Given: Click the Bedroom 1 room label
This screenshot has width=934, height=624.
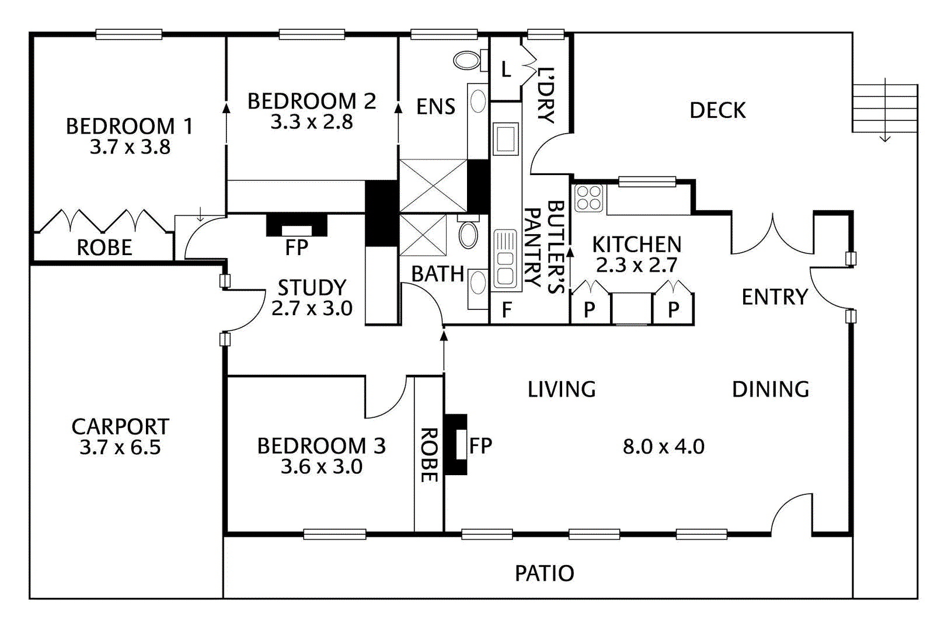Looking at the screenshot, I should (x=129, y=126).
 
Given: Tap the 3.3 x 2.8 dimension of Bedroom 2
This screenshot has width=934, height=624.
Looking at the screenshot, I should (x=311, y=122).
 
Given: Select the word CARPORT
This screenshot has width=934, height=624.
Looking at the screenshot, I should (x=120, y=427).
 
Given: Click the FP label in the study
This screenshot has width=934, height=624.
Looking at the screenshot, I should (x=297, y=248).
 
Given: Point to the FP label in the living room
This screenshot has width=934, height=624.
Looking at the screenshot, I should (x=481, y=446).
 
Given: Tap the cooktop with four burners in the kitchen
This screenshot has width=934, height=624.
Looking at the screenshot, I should (x=588, y=197).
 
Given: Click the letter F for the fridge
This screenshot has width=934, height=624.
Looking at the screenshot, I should (x=507, y=309).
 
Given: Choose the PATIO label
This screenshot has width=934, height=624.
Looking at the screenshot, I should (x=544, y=573).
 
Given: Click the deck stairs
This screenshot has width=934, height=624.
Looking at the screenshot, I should (x=884, y=109).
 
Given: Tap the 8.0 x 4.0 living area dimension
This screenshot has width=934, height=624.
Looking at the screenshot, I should (x=663, y=447).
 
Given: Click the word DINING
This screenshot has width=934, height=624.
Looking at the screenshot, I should (x=771, y=389).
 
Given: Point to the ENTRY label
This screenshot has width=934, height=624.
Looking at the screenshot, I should (x=775, y=297).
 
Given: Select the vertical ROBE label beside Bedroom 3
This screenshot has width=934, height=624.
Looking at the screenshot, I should (x=429, y=455).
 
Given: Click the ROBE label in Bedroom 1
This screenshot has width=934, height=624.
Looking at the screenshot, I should (x=104, y=248).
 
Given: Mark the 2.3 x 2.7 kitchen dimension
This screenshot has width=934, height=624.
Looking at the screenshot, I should (x=636, y=265).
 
